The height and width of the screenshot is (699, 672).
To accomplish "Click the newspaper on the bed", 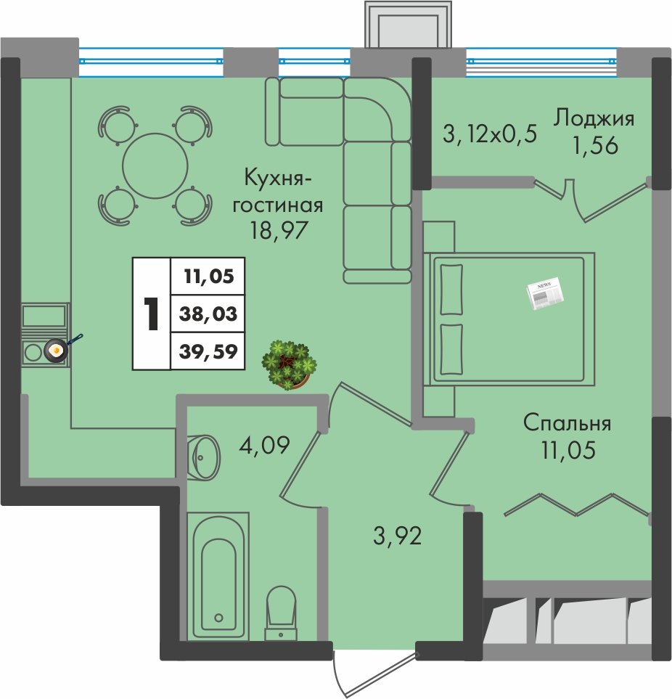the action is (x=544, y=294).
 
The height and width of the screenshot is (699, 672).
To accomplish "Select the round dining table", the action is (x=155, y=165).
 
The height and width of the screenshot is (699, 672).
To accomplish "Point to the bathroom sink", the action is (x=203, y=457).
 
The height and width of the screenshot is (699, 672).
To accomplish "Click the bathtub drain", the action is (x=218, y=618).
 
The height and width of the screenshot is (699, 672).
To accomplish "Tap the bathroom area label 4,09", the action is (x=264, y=444).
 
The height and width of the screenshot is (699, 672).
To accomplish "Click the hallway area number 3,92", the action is (x=398, y=536).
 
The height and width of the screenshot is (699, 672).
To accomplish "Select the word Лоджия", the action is (x=594, y=120).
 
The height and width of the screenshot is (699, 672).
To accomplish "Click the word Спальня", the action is (x=567, y=422).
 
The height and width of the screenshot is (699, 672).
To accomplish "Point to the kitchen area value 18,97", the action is (x=279, y=231).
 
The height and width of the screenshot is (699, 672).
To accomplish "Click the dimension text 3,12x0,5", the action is (x=490, y=134).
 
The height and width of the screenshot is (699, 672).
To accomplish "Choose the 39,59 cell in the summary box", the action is (x=208, y=351).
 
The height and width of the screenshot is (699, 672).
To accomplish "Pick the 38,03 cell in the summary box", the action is (x=208, y=314).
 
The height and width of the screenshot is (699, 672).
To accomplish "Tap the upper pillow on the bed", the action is (x=451, y=290).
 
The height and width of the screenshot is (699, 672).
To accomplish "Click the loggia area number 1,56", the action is (x=595, y=145).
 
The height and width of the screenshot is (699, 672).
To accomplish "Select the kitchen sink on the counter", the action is (x=44, y=315).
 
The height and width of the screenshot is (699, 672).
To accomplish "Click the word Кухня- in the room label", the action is (x=278, y=179).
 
